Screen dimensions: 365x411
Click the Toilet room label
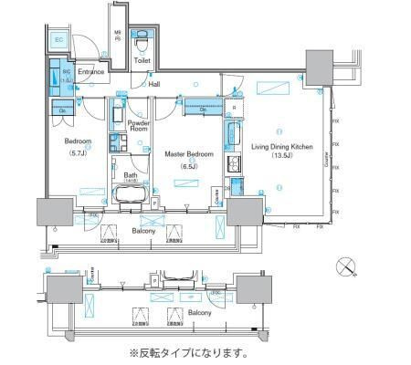(x=142, y=62)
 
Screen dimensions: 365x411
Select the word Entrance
(x=91, y=71)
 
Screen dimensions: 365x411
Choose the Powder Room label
(x=139, y=126)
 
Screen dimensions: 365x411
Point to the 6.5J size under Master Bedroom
(x=189, y=166)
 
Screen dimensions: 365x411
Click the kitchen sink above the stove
(x=233, y=137)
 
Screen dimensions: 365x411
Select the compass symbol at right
(x=345, y=266)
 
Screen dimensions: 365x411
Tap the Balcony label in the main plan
(x=142, y=232)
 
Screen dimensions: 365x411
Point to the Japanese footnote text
(x=188, y=353)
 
